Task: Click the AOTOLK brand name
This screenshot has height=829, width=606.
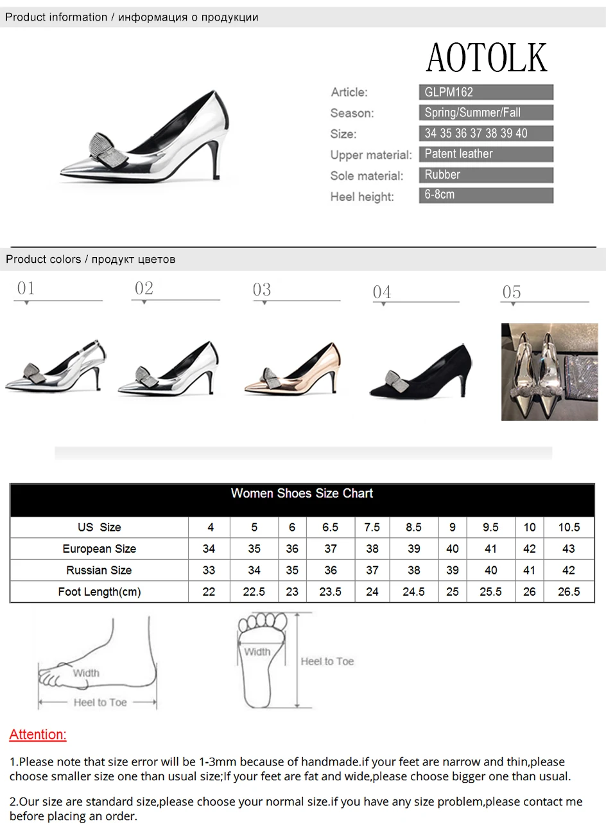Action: pos(486,57)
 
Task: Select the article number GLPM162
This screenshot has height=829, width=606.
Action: pos(449,92)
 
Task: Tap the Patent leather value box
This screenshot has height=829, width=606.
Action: pos(486,154)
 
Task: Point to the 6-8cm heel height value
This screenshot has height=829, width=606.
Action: pos(439,195)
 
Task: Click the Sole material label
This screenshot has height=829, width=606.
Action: pos(367,176)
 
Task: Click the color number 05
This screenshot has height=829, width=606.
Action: pos(512,292)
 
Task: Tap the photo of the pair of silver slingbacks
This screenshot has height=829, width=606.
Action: pos(550,372)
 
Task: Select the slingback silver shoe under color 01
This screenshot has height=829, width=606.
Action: pos(55,366)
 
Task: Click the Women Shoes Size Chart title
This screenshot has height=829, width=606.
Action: pos(302,494)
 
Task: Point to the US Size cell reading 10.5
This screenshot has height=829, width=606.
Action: pos(569,527)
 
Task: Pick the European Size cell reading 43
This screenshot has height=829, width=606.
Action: pos(568,548)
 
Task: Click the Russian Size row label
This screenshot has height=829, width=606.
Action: pos(99,570)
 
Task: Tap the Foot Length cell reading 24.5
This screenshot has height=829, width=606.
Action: pos(413,591)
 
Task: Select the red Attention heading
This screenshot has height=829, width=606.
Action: pos(38,735)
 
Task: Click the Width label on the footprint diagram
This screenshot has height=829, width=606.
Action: pos(257,652)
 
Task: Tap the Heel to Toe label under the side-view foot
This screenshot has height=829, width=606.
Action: pos(100,702)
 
